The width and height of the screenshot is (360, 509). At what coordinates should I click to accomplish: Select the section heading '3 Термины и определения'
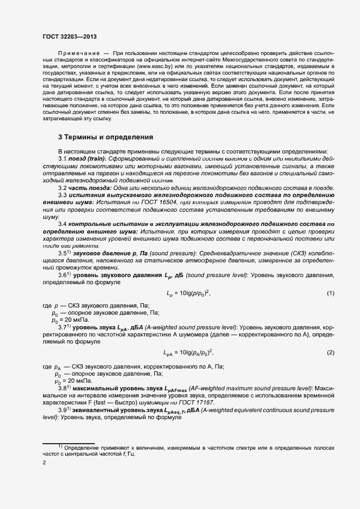pyautogui.click(x=106, y=137)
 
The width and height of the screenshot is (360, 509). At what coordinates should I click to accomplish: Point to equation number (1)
pyautogui.click(x=330, y=293)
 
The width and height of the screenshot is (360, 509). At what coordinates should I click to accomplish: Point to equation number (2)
pyautogui.click(x=330, y=353)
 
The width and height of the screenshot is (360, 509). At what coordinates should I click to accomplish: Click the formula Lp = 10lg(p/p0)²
pyautogui.click(x=188, y=293)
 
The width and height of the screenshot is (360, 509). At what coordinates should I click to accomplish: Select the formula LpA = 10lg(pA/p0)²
pyautogui.click(x=188, y=353)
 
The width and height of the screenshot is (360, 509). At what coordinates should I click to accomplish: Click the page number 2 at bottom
pyautogui.click(x=44, y=463)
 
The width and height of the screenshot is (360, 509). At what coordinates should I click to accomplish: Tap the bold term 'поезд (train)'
pyautogui.click(x=88, y=157)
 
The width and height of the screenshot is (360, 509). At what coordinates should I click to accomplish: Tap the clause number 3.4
pyautogui.click(x=63, y=224)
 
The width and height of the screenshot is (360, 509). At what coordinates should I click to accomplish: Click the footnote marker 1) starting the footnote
pyautogui.click(x=60, y=446)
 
